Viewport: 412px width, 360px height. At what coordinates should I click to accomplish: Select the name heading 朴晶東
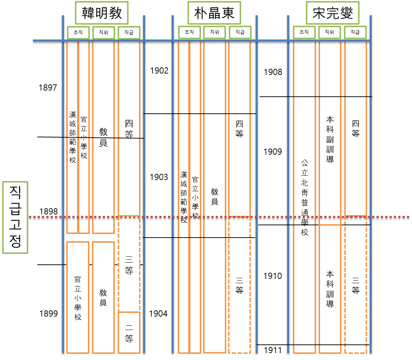coord(214,13)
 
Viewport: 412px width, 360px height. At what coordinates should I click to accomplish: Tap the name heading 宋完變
coord(332,13)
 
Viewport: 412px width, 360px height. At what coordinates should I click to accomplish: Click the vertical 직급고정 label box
coord(15,217)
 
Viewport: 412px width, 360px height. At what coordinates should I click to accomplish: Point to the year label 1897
coord(49,87)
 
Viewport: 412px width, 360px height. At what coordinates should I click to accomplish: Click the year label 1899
coord(49,314)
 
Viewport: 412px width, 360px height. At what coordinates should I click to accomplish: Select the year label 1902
coord(159,71)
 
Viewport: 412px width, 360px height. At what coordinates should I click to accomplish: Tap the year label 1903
coord(159,177)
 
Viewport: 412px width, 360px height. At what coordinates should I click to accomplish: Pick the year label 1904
coord(159,314)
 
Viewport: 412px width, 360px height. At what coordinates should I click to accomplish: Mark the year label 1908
coord(273,72)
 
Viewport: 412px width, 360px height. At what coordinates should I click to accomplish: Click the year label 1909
coord(273,152)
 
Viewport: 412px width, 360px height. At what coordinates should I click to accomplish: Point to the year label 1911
coord(273,350)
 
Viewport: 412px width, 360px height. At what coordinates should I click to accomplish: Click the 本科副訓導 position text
coord(330,139)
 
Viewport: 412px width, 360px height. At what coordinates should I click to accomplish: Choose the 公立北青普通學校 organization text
coord(304,198)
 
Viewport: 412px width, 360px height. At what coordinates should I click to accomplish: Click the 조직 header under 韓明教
coord(78,33)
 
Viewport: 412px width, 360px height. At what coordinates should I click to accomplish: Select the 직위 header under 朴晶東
coord(214,33)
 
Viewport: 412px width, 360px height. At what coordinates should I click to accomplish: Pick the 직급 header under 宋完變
coord(355,33)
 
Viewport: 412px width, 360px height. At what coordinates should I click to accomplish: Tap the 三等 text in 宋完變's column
coord(356,285)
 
